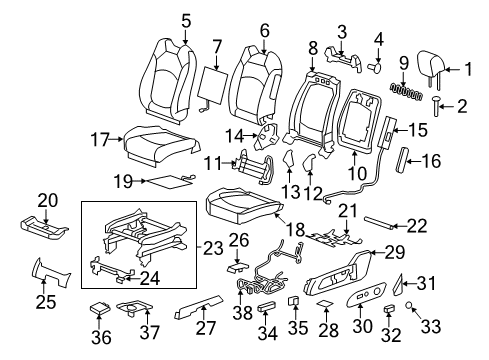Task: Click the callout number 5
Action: [186, 18]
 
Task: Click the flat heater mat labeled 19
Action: [156, 181]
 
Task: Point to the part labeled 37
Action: [134, 311]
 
